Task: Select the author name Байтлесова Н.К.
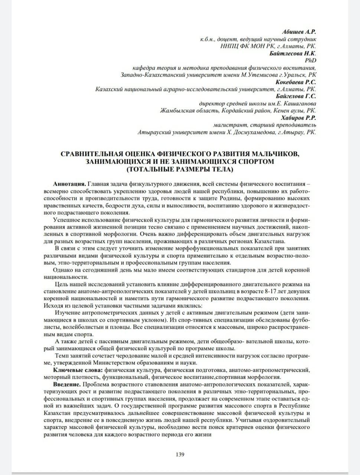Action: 293,53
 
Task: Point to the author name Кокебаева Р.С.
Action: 296,82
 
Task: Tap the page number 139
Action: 180,454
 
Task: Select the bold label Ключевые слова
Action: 78,370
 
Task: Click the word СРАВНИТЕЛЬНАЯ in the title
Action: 93,154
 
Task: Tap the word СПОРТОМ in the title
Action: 255,161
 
